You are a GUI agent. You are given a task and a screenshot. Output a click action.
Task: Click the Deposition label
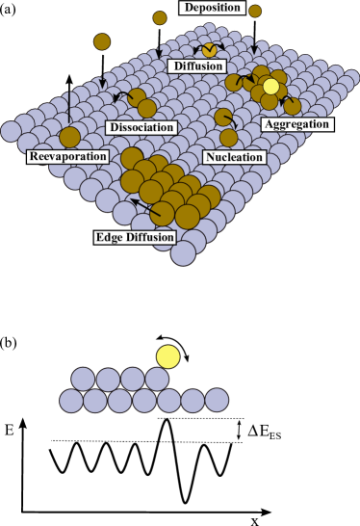[x=210, y=9]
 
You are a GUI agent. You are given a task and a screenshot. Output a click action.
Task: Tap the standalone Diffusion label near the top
[x=196, y=66]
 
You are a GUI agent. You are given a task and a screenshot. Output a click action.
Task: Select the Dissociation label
[x=141, y=127]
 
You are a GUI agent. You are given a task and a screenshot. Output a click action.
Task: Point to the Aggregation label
[x=296, y=124]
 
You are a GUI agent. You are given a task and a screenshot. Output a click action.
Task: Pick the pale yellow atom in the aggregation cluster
[x=271, y=87]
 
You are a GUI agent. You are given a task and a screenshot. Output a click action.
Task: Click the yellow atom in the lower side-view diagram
[x=168, y=357]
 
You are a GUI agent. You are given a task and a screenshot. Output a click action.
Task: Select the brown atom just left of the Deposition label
[x=160, y=17]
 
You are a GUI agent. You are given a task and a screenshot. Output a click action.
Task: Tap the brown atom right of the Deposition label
[x=255, y=11]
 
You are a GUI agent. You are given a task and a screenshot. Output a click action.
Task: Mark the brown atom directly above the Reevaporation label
[x=69, y=137]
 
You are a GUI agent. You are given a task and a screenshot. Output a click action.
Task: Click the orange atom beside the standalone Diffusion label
[x=210, y=50]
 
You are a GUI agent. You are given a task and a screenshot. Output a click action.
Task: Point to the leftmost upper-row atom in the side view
[x=84, y=379]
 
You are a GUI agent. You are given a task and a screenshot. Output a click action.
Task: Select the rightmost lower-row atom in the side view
[x=218, y=400]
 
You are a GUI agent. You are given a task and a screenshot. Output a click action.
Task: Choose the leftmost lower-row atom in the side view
[x=71, y=400]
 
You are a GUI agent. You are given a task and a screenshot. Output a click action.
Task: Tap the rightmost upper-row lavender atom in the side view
[x=157, y=379]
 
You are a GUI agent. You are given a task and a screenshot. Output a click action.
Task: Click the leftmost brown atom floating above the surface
[x=102, y=41]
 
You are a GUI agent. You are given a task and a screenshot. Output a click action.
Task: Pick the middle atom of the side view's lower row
[x=144, y=400]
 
